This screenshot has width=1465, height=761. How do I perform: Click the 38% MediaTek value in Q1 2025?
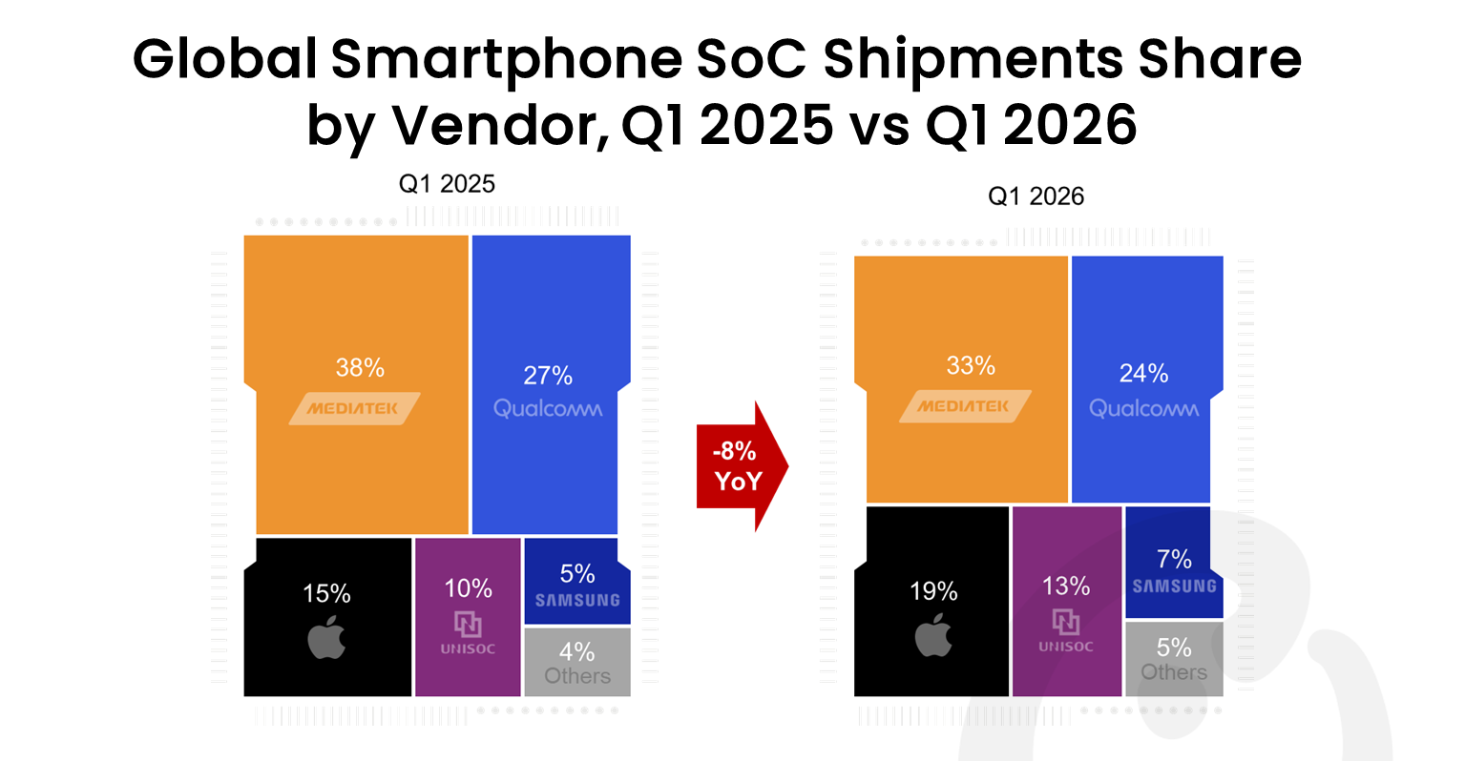(x=360, y=368)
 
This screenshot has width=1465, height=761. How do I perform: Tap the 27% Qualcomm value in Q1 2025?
(x=548, y=376)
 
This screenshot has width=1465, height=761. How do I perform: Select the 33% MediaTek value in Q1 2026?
(x=971, y=365)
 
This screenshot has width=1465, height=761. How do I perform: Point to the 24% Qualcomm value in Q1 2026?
(x=1143, y=373)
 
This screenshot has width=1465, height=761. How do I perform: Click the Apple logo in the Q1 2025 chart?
(x=326, y=637)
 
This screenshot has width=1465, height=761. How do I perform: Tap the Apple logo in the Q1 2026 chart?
(x=933, y=634)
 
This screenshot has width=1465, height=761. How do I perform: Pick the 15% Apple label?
(x=326, y=593)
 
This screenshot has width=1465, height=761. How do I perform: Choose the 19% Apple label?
(x=933, y=591)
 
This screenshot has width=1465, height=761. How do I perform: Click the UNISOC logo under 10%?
(x=468, y=633)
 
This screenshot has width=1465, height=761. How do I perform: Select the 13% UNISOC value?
(x=1065, y=586)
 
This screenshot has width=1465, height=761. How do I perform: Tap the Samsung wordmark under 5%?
(x=577, y=600)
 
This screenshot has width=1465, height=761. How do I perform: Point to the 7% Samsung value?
(x=1174, y=559)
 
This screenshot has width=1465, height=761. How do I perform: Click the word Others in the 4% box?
(x=576, y=675)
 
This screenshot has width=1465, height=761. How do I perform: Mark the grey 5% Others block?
(x=1174, y=659)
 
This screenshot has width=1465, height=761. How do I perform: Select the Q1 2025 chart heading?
(x=447, y=184)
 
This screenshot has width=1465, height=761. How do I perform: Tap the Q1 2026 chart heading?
(x=1036, y=195)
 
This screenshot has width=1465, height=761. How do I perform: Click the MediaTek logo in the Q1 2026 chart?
(x=965, y=406)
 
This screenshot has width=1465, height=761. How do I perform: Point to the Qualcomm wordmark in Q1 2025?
(x=548, y=409)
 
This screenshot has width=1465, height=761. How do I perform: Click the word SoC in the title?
(x=752, y=59)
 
